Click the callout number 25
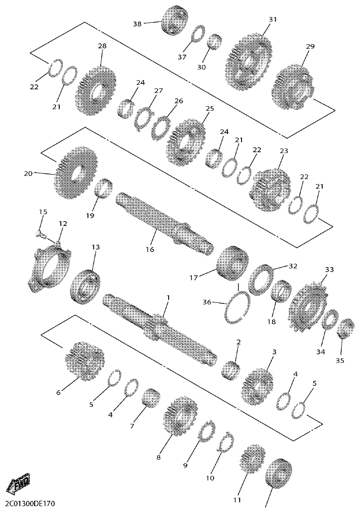[x=210, y=109]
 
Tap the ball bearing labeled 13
[x=87, y=286]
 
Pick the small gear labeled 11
[x=250, y=460]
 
